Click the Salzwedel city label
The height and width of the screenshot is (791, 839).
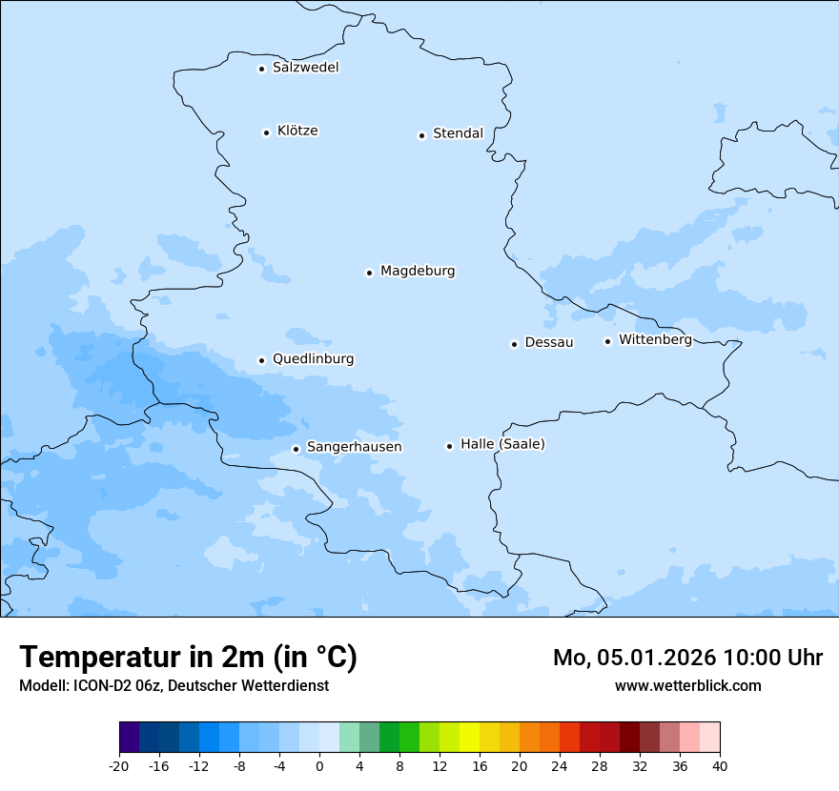(x=305, y=68)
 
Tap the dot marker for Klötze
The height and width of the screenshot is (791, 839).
(x=266, y=132)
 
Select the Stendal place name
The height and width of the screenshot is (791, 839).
(x=458, y=133)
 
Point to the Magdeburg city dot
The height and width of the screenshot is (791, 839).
(x=369, y=273)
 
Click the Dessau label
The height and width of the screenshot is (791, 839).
(x=549, y=342)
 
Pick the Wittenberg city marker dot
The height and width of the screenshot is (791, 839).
(x=607, y=341)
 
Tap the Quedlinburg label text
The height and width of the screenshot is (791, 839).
(x=313, y=359)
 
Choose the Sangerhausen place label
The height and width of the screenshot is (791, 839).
(x=354, y=447)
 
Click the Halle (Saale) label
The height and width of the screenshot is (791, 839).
(x=502, y=444)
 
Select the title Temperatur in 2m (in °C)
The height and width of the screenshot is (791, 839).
(x=188, y=658)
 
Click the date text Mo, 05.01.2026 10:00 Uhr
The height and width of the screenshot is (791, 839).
(x=687, y=658)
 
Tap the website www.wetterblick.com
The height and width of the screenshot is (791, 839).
(x=687, y=685)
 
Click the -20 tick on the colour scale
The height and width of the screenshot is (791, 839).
(x=119, y=765)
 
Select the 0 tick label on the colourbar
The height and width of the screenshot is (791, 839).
(x=319, y=765)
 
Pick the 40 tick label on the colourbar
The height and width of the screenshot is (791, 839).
(x=720, y=765)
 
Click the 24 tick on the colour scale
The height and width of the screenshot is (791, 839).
(x=560, y=765)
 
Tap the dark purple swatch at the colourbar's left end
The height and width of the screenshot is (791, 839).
(x=129, y=737)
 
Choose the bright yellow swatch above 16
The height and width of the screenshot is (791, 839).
(x=469, y=737)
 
